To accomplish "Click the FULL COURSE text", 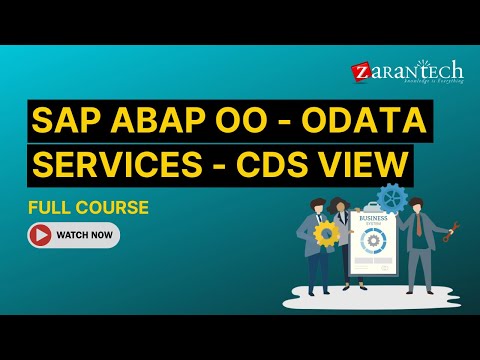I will pyautogui.click(x=89, y=208).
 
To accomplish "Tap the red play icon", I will pyautogui.click(x=42, y=236).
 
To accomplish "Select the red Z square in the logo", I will pyautogui.click(x=360, y=72).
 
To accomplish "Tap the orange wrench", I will pyautogui.click(x=457, y=229).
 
